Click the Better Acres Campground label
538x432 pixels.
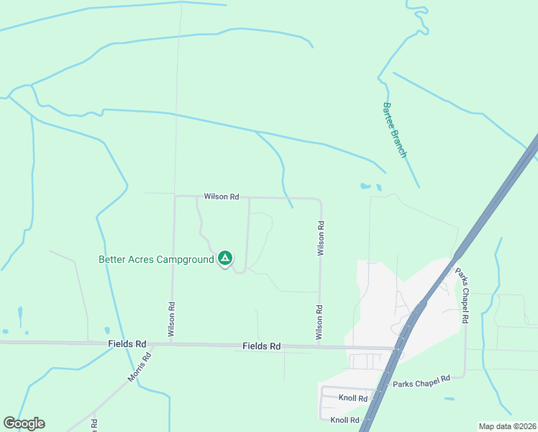[156, 258]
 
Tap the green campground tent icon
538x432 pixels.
[225, 258]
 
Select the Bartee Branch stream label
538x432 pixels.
[394, 130]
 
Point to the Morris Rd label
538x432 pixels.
[140, 367]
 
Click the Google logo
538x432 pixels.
[24, 423]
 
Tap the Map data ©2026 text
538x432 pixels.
[507, 426]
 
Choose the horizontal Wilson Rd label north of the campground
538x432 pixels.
[221, 196]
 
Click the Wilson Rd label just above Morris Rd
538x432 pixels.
[172, 320]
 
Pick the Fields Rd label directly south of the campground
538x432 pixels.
[261, 346]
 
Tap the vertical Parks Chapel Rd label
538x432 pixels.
[460, 295]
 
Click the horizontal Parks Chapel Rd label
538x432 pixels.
[421, 382]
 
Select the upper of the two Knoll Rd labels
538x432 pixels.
[352, 398]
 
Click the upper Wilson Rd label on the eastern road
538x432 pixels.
[322, 238]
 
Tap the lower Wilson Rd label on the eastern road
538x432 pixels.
[319, 322]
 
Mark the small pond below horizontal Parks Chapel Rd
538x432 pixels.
[450, 399]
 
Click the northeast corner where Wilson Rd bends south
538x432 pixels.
[319, 199]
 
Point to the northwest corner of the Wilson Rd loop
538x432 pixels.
[175, 197]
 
